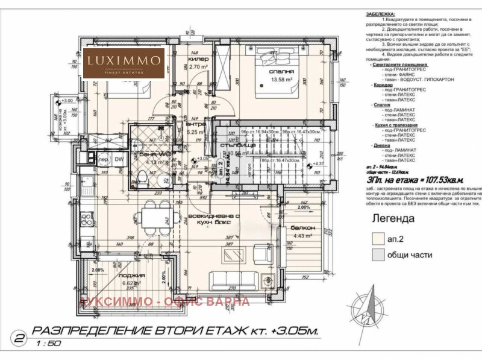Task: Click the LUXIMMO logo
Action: [124, 63]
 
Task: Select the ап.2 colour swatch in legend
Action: [378, 239]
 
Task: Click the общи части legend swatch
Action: [378, 255]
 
